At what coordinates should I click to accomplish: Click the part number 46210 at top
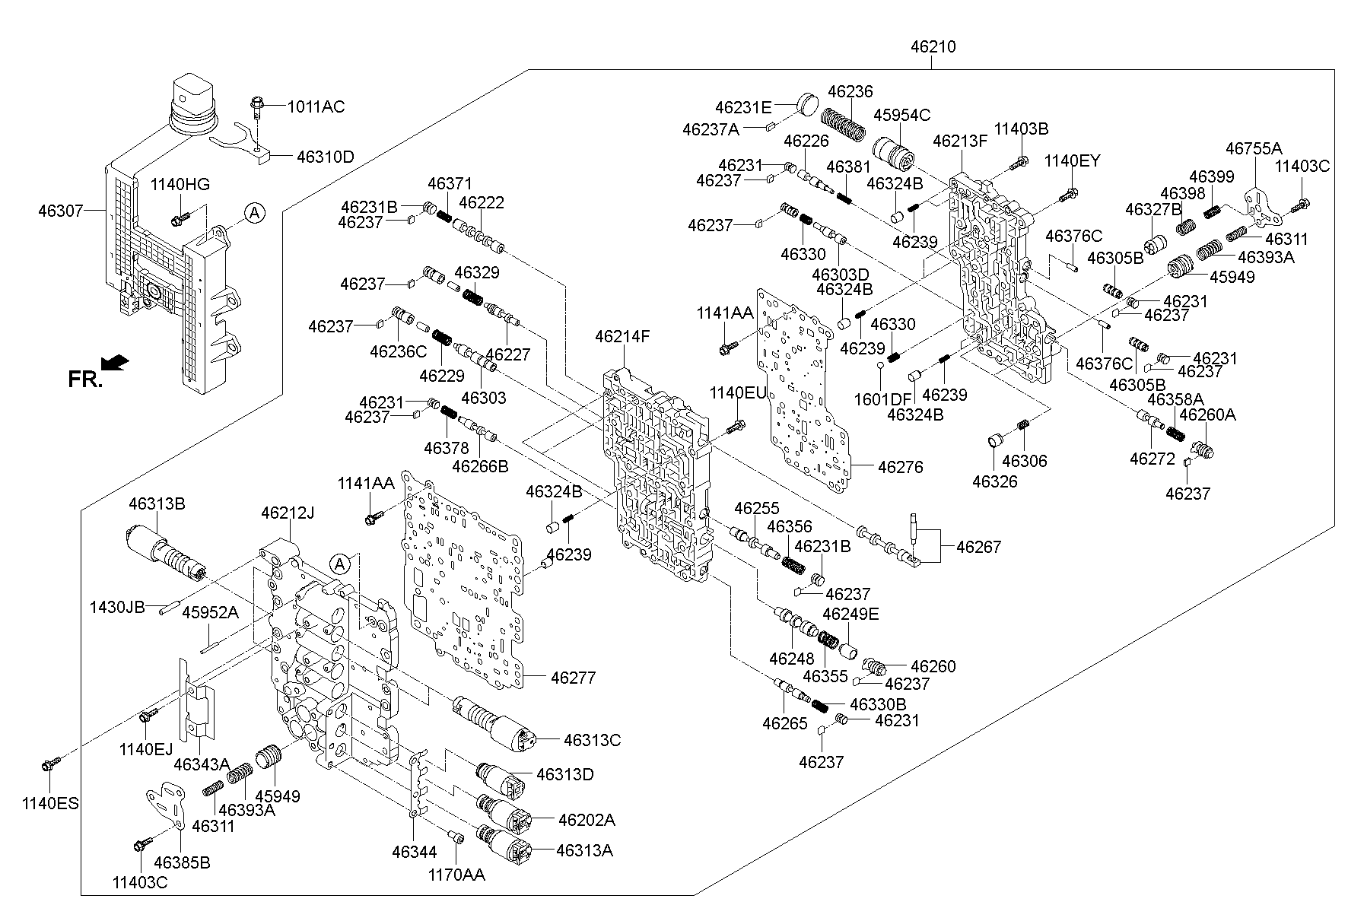coord(933,47)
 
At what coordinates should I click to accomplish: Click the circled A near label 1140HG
coord(254,214)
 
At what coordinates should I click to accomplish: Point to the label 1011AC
coord(315,106)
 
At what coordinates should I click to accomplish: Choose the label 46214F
coord(622,335)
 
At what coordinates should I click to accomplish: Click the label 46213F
coord(960,141)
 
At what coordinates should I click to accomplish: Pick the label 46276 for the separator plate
coord(900,467)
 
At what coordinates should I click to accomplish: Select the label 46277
coord(573,677)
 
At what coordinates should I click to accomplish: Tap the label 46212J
coord(288,513)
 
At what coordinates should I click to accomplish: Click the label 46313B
coord(157,503)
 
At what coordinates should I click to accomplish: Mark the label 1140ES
coord(50,803)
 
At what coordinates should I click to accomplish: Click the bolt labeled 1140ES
coord(50,762)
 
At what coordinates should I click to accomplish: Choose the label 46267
coord(978,546)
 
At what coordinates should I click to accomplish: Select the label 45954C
coord(901,115)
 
